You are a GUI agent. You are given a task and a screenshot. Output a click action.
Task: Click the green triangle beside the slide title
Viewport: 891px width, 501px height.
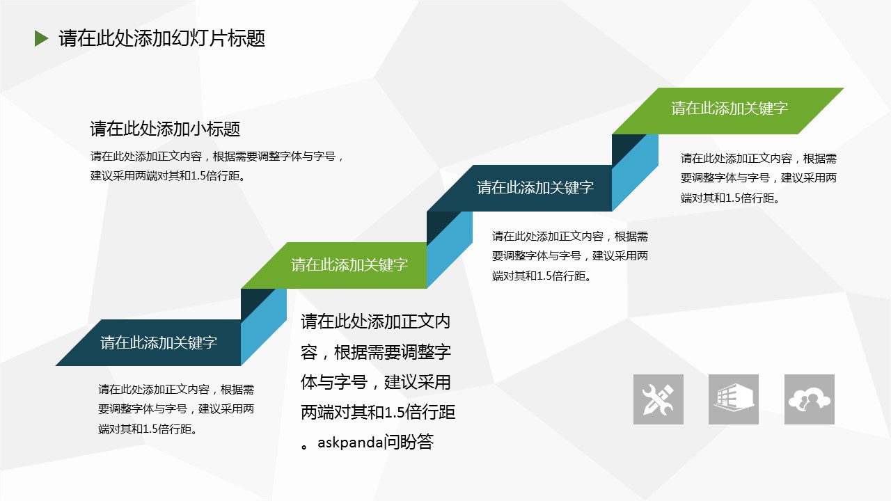41,38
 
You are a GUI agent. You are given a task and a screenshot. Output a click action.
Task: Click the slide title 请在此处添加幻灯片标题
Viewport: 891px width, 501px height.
162,38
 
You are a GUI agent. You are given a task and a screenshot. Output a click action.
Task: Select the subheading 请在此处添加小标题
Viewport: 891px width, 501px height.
165,129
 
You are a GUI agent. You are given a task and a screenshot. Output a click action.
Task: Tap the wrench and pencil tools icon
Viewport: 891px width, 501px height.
659,399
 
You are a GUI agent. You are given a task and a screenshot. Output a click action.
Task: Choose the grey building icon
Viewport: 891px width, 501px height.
734,399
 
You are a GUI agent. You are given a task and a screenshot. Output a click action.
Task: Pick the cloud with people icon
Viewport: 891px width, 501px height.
810,399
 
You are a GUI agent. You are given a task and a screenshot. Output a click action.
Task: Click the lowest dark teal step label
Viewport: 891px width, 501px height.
159,343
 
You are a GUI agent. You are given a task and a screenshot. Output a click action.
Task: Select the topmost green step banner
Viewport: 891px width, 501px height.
728,111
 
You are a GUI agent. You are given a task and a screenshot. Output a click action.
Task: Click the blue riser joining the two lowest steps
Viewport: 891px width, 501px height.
264,327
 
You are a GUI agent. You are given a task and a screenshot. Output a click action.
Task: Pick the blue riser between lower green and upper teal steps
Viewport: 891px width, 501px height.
450,250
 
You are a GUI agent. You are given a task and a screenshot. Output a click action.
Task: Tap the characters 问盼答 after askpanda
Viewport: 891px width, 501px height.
409,442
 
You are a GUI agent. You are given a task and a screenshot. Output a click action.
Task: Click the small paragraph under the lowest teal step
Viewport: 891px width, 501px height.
176,409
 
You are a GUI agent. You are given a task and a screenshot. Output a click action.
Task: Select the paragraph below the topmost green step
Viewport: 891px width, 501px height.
759,178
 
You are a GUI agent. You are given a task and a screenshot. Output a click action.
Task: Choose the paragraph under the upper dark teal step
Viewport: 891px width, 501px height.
570,256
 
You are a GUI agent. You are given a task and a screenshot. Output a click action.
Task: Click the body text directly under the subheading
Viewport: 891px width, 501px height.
217,166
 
